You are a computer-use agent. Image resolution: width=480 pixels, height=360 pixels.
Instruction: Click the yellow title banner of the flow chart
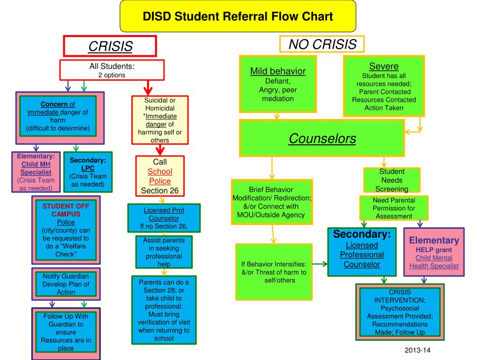pyautogui.click(x=238, y=16)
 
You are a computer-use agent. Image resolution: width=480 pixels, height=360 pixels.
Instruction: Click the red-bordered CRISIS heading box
pyautogui.click(x=110, y=46)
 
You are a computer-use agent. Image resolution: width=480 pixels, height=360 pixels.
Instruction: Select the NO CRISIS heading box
pyautogui.click(x=322, y=44)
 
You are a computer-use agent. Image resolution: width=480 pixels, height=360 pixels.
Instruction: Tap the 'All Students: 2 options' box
pyautogui.click(x=112, y=70)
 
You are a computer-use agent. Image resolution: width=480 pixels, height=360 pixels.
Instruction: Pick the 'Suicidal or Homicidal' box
pyautogui.click(x=160, y=120)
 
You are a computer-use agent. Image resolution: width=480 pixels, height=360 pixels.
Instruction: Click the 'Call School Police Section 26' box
pyautogui.click(x=160, y=176)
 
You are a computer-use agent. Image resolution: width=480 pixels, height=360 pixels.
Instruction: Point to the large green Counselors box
pyautogui.click(x=322, y=138)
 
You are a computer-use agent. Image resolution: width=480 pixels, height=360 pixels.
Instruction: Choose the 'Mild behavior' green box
pyautogui.click(x=278, y=84)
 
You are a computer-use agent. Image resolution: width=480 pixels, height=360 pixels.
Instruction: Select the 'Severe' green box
pyautogui.click(x=384, y=86)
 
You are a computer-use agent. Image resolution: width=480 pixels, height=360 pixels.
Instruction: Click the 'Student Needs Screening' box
pyautogui.click(x=392, y=180)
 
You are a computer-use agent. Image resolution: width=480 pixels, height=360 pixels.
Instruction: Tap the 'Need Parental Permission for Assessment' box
pyautogui.click(x=394, y=208)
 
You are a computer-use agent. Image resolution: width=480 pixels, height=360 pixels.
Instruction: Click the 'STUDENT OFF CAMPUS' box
pyautogui.click(x=66, y=230)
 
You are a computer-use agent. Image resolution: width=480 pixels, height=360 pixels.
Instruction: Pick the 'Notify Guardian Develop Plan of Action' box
pyautogui.click(x=66, y=284)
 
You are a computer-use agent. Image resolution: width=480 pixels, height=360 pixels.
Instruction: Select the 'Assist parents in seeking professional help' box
pyautogui.click(x=164, y=252)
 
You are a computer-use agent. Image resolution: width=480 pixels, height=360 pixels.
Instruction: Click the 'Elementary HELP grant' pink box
pyautogui.click(x=434, y=252)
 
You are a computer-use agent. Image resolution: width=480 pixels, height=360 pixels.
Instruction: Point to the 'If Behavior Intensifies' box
pyautogui.click(x=274, y=272)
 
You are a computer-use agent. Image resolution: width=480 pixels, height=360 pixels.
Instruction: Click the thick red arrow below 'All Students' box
pyautogui.click(x=148, y=88)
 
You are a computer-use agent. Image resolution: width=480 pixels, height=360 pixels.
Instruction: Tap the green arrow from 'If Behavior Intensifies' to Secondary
pyautogui.click(x=320, y=264)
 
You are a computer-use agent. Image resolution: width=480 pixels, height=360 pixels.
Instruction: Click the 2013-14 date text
pyautogui.click(x=417, y=350)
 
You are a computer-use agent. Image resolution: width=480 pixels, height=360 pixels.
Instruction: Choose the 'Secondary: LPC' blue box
pyautogui.click(x=88, y=172)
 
